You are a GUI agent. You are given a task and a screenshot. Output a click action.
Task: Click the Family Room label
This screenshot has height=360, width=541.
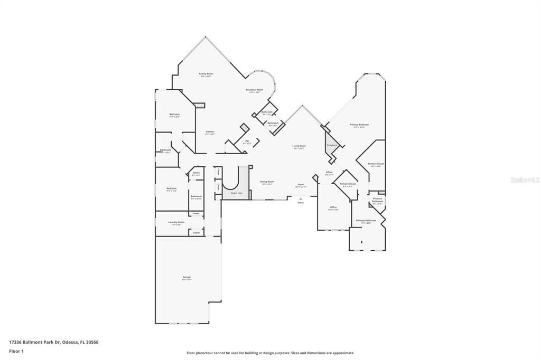(x=206, y=74)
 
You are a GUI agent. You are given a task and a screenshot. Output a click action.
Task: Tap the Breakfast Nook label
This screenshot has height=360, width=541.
(x=254, y=90)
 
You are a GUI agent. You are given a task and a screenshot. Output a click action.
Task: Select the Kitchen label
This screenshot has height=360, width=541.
(x=210, y=132)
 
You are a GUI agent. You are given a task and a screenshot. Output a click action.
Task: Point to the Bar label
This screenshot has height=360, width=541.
(x=247, y=141)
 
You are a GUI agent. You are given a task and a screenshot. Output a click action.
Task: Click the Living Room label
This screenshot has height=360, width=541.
(x=299, y=146)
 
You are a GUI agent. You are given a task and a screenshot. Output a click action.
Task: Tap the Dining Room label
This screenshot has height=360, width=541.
(x=267, y=182)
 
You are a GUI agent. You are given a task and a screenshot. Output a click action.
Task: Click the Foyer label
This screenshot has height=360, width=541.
(x=300, y=185)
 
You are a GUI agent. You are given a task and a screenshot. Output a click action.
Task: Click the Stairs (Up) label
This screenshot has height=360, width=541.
(x=237, y=193)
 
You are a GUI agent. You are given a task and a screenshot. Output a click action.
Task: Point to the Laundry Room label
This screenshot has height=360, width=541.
(x=176, y=223)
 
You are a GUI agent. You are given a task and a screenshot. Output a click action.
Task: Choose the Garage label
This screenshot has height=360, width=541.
(x=187, y=278)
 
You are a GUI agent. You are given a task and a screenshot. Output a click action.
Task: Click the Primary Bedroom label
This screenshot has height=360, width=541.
(x=359, y=125)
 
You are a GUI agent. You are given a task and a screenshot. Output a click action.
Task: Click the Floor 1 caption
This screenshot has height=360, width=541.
(x=16, y=351)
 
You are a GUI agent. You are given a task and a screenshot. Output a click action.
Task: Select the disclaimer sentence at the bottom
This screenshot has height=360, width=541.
(x=270, y=353)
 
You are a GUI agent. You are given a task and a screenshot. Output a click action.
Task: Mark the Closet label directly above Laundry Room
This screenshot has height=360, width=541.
(x=195, y=213)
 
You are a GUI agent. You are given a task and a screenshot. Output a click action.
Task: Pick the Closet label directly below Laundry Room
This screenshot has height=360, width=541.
(x=196, y=232)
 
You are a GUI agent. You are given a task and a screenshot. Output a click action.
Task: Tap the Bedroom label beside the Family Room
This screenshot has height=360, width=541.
(x=174, y=115)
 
